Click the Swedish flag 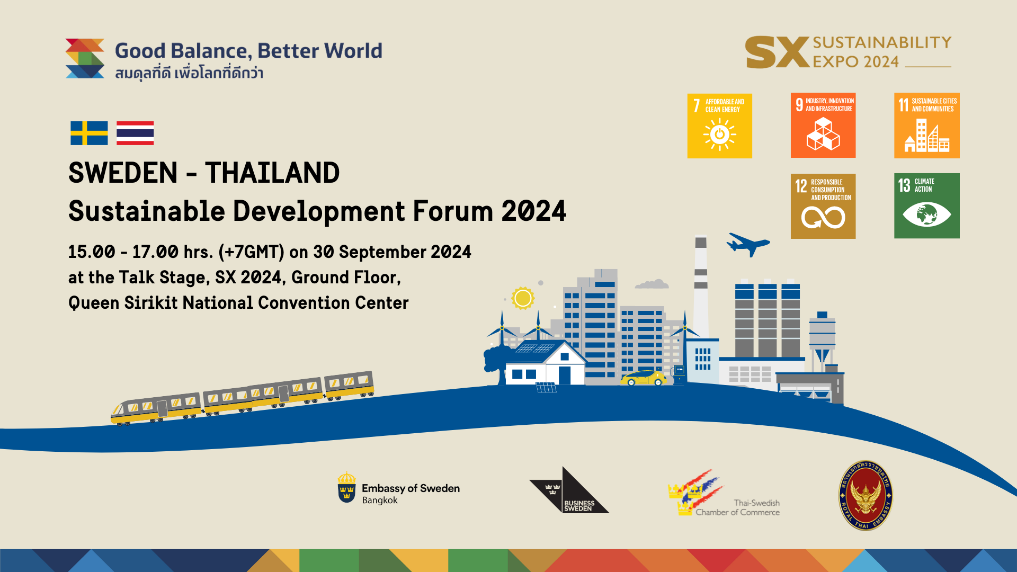pyautogui.click(x=89, y=133)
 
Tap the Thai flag pyautogui.click(x=135, y=133)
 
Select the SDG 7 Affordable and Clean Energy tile pyautogui.click(x=719, y=126)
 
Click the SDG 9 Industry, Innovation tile pyautogui.click(x=823, y=126)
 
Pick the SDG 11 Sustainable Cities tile pyautogui.click(x=926, y=126)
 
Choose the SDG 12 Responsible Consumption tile pyautogui.click(x=823, y=206)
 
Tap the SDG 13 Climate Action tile pyautogui.click(x=926, y=206)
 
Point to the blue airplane pyautogui.click(x=747, y=244)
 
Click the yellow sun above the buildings pyautogui.click(x=523, y=298)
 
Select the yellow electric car pyautogui.click(x=644, y=378)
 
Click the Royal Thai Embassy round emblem pyautogui.click(x=866, y=495)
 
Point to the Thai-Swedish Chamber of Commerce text pyautogui.click(x=738, y=507)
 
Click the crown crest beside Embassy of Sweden pyautogui.click(x=346, y=487)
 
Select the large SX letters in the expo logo pyautogui.click(x=777, y=52)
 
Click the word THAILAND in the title pyautogui.click(x=272, y=173)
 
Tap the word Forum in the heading pyautogui.click(x=453, y=211)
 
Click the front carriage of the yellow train pyautogui.click(x=156, y=408)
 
